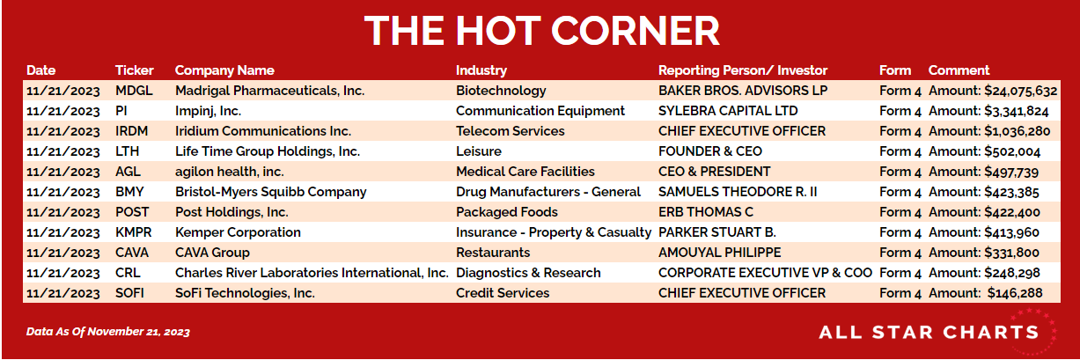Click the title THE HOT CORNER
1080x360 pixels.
[541, 31]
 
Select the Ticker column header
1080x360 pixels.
[134, 70]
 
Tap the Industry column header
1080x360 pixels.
[481, 70]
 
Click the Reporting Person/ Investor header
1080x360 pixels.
[743, 70]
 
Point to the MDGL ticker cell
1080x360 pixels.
[134, 91]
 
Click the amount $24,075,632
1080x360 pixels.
[1021, 91]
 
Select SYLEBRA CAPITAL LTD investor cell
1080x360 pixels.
[728, 111]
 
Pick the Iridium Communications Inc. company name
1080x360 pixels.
[263, 131]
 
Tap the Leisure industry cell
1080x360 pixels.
[479, 151]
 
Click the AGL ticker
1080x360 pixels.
[128, 172]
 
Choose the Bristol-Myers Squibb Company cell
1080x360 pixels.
[270, 192]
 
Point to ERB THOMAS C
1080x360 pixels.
[705, 212]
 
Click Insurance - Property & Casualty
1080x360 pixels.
[554, 232]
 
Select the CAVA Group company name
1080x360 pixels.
[212, 253]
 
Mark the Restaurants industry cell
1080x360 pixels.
[493, 253]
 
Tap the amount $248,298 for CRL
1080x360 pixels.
[1012, 273]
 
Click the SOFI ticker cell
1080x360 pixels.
[129, 293]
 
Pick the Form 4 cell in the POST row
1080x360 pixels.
[900, 212]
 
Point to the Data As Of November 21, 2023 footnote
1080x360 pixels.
[108, 332]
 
